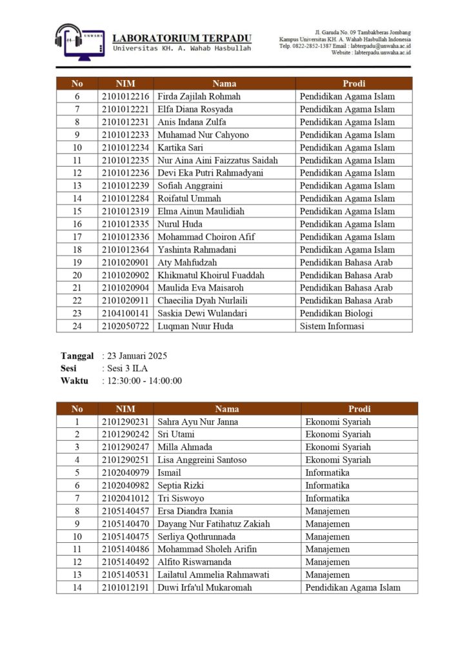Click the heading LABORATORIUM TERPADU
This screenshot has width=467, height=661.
182,38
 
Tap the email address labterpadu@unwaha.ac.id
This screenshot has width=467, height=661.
381,46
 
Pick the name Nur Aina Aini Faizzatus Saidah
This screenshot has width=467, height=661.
217,160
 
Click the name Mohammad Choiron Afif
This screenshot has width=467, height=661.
206,237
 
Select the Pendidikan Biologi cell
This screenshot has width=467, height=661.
336,314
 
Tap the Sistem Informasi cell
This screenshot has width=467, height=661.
332,327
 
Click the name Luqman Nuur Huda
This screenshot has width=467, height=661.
195,327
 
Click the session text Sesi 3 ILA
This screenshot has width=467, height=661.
126,368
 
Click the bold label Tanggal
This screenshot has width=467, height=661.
77,356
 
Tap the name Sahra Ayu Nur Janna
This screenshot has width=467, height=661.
198,422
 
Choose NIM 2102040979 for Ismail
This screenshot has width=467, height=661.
125,473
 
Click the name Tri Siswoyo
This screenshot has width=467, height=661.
181,498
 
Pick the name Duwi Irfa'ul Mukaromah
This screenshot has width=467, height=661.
204,587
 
